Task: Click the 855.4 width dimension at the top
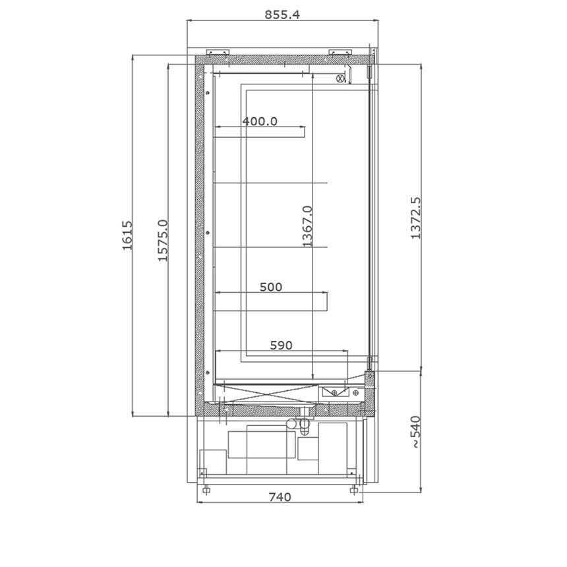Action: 282,15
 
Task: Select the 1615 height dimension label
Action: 127,235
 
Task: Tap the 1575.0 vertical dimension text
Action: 163,241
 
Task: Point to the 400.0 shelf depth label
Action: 260,121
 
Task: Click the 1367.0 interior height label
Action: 307,226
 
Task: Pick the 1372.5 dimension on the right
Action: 416,218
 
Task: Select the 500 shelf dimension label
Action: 271,287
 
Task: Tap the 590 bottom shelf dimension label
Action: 281,345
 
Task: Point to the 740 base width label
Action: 280,497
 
